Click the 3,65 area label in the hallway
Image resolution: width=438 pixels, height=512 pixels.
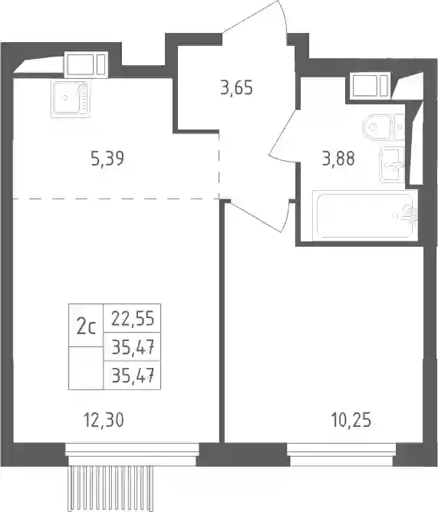pos(237,88)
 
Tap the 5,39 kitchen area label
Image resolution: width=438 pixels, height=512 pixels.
pos(107,159)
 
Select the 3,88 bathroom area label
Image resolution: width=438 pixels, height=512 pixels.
pos(338,159)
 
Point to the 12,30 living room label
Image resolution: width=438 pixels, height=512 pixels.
pos(104,420)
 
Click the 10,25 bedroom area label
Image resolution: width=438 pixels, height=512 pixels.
pos(351,420)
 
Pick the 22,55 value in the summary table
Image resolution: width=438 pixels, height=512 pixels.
pos(133,318)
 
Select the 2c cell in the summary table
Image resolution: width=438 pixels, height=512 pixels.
pos(86,327)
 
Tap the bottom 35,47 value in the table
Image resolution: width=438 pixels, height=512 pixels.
pos(133,376)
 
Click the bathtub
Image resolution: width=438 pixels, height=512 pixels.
pos(365,215)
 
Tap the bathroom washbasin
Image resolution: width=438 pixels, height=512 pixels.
pos(393,165)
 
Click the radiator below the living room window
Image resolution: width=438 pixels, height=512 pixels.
pos(112,488)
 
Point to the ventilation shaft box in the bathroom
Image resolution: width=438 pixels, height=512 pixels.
pos(370,85)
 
